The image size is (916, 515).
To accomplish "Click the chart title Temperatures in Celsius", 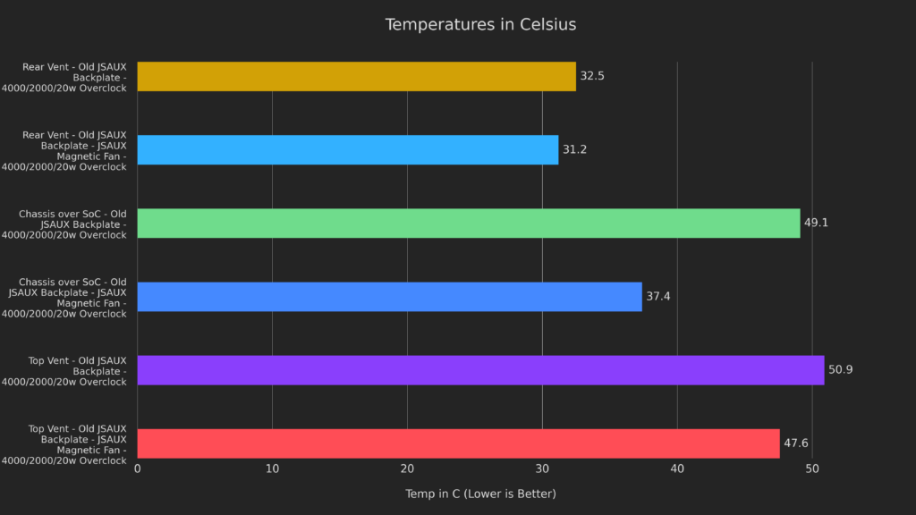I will click(480, 24).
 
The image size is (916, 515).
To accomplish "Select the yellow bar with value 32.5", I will click(356, 76).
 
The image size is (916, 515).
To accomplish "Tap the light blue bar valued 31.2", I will click(347, 149).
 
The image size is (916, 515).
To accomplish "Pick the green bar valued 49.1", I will click(468, 223).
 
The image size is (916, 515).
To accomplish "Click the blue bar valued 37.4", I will click(389, 296).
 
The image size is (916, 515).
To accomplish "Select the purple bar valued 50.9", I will click(480, 369).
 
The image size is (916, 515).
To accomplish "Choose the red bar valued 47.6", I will click(458, 443).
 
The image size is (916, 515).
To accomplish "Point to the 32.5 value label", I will click(592, 76).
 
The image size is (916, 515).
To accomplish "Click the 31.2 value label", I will click(574, 149).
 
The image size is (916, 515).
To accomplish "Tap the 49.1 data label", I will click(816, 223).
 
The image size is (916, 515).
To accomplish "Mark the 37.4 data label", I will click(658, 296).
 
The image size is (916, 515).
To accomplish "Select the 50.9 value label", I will click(840, 369).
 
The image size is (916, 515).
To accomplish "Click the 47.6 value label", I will click(796, 443).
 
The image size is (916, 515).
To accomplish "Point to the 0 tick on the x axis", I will click(138, 469).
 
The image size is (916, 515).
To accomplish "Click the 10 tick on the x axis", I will click(272, 469).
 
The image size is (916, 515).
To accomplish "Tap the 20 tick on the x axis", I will click(407, 469).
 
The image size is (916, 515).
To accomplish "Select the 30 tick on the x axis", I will click(542, 469).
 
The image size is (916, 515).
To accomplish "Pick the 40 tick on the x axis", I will click(677, 469).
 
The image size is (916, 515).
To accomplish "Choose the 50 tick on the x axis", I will click(812, 469).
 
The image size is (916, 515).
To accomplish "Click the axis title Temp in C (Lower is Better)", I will click(480, 494).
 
